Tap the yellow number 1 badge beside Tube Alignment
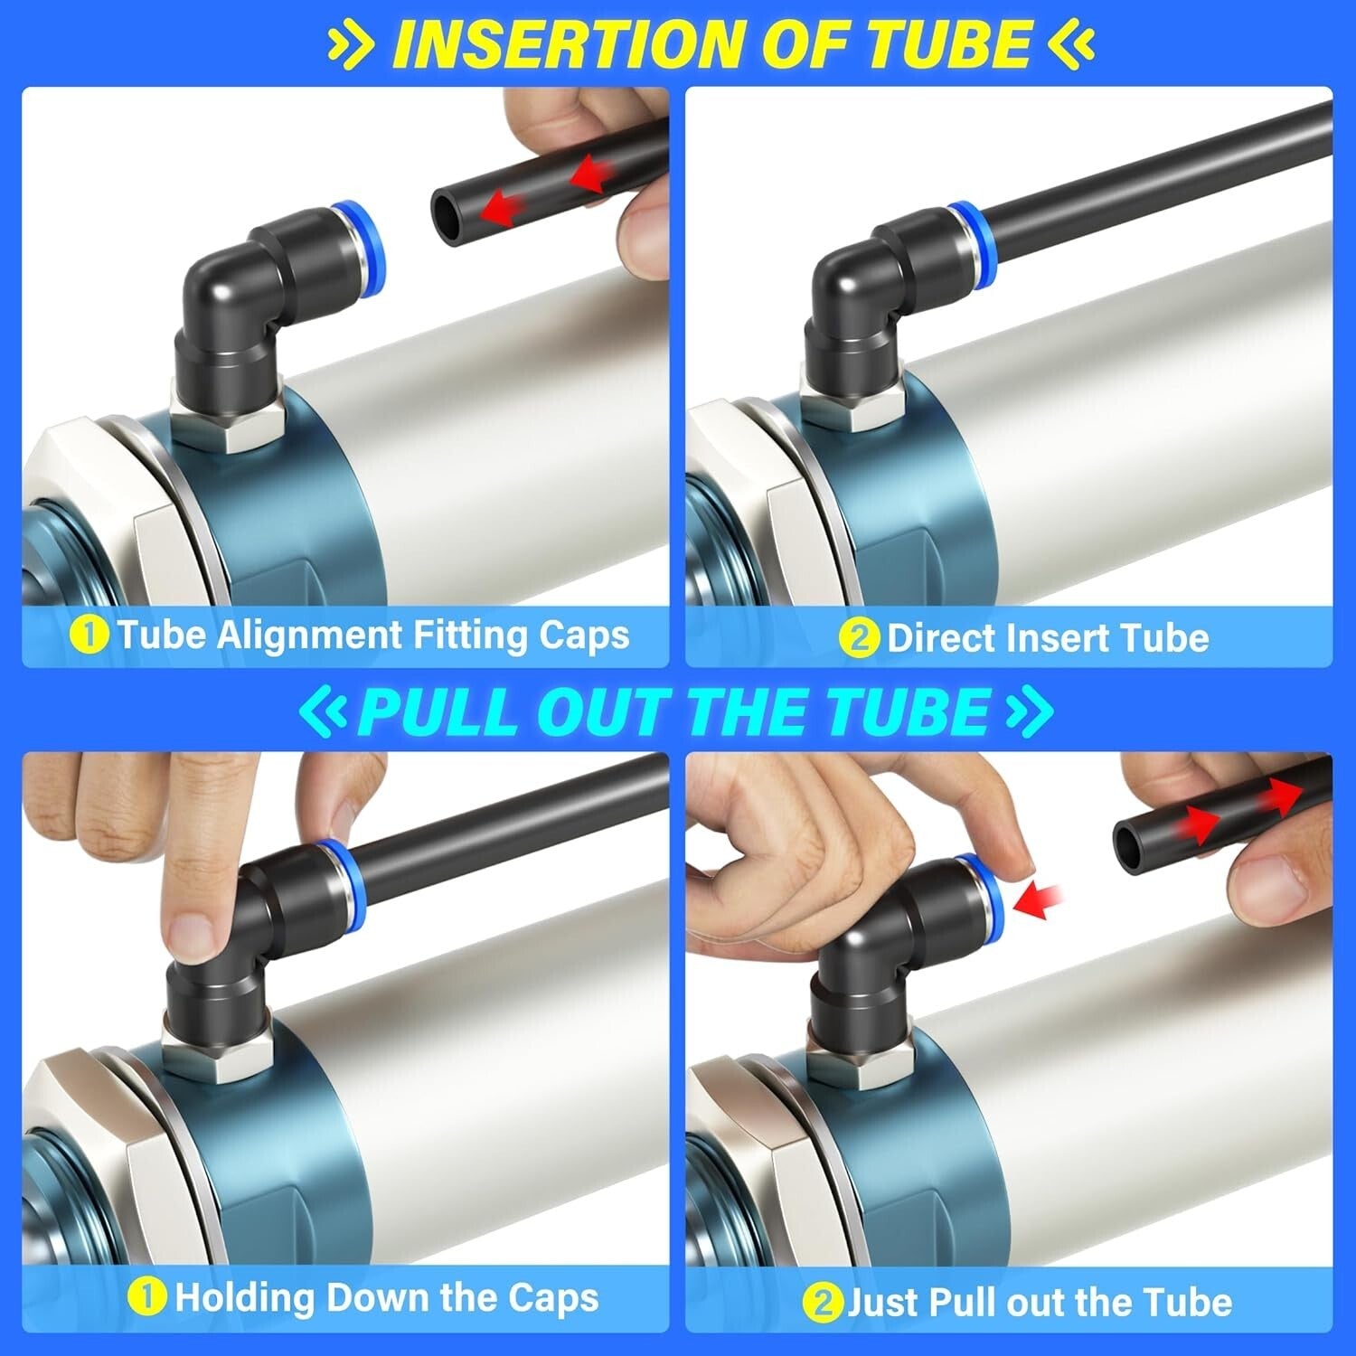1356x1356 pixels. pos(89,635)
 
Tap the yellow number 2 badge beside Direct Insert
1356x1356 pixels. pos(859,638)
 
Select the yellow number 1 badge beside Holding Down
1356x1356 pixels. pos(146,1298)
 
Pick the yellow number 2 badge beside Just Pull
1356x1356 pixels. pos(822,1303)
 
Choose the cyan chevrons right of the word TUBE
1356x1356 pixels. pos(1029,711)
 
